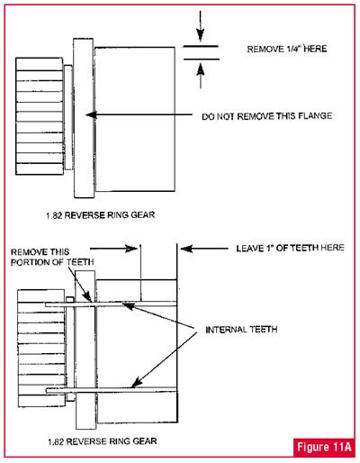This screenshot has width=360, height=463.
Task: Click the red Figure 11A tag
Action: point(324,447)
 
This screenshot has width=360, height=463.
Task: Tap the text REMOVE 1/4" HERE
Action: point(287,49)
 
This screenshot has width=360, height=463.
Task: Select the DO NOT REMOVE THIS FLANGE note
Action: point(266,116)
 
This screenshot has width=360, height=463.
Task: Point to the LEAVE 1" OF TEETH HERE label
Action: point(290,248)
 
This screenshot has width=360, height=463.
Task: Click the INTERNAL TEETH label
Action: point(241,330)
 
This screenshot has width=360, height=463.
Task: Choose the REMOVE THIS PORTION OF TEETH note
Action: point(52,257)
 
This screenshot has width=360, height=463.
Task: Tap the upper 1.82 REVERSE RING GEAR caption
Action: point(101,215)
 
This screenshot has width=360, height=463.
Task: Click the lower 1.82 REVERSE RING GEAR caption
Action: point(103,441)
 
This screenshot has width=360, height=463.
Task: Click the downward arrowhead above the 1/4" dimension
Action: point(201,35)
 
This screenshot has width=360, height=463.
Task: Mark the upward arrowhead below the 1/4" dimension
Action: point(201,69)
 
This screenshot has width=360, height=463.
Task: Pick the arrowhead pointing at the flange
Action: point(91,114)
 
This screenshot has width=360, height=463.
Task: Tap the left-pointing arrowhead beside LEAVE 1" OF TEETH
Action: point(186,249)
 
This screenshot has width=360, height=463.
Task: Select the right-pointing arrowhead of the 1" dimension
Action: point(131,249)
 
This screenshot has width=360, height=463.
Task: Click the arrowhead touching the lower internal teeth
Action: point(136,382)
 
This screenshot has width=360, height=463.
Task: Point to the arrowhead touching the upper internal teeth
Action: point(128,306)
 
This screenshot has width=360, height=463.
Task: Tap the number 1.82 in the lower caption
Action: point(56,441)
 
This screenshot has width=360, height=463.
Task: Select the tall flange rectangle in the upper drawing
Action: point(84,118)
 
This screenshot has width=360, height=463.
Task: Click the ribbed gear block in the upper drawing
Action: point(40,116)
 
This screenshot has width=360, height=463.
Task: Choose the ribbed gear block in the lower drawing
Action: point(41,349)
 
